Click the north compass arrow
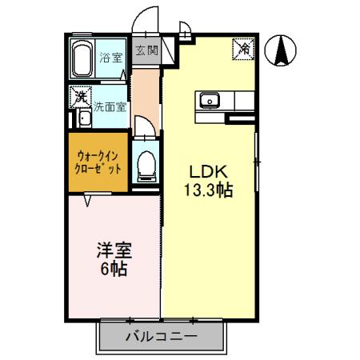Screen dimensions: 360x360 click(x=281, y=52)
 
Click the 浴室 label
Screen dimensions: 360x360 click(x=110, y=58)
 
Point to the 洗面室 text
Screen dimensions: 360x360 click(x=109, y=106)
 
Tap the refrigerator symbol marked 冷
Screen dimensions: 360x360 click(x=242, y=48)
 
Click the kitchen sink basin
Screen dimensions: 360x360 click(x=211, y=101)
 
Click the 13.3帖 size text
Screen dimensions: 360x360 click(x=210, y=192)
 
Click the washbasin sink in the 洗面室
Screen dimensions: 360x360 click(x=84, y=122)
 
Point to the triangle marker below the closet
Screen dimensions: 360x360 click(x=86, y=200)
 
